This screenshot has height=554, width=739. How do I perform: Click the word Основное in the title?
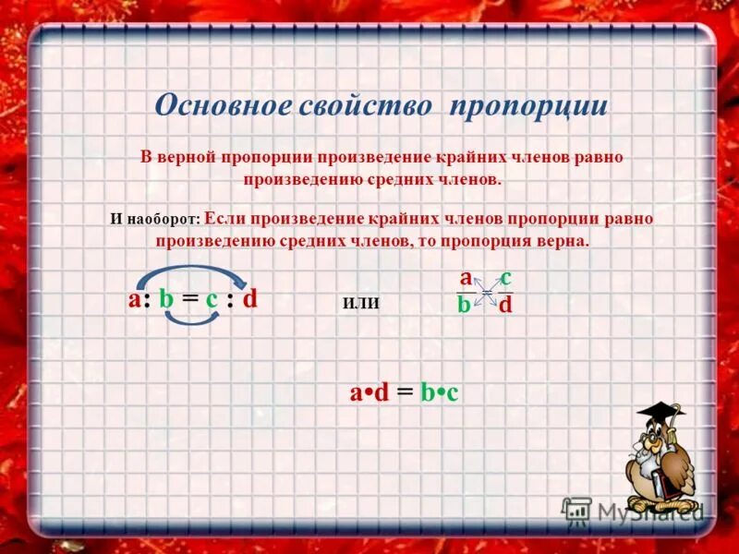223,104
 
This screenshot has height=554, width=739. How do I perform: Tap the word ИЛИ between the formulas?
361,302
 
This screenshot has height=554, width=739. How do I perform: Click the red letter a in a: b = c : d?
135,299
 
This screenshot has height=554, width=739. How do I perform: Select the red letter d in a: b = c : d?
249,299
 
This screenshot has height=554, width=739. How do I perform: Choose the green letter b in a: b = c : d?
166,299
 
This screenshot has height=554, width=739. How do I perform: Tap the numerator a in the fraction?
466,278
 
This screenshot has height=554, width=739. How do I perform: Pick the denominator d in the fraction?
505,305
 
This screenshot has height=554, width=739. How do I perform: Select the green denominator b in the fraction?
464,305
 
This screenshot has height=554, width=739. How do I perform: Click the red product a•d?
369,393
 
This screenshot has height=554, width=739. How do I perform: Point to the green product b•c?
440,393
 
